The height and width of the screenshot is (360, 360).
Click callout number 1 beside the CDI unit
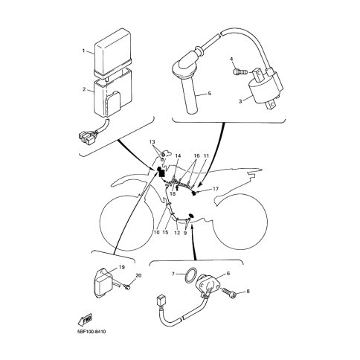point(84,51)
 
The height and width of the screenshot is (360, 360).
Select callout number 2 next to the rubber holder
point(84,89)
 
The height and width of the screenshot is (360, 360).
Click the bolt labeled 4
point(240,72)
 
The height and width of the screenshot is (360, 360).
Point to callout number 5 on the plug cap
point(210,94)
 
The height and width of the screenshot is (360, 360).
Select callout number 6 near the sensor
point(228,274)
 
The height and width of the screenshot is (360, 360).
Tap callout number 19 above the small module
point(121,267)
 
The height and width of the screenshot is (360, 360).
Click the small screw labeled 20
point(128,287)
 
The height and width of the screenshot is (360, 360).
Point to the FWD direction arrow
point(85,320)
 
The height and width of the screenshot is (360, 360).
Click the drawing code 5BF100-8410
point(90,332)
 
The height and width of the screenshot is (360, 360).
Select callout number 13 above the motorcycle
point(152,142)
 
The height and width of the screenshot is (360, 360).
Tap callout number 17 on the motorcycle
point(216,189)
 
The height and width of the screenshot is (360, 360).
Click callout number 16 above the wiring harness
point(196,155)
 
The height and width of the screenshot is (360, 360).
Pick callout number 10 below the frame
point(156,232)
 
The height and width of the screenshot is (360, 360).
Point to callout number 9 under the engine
point(185,233)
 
